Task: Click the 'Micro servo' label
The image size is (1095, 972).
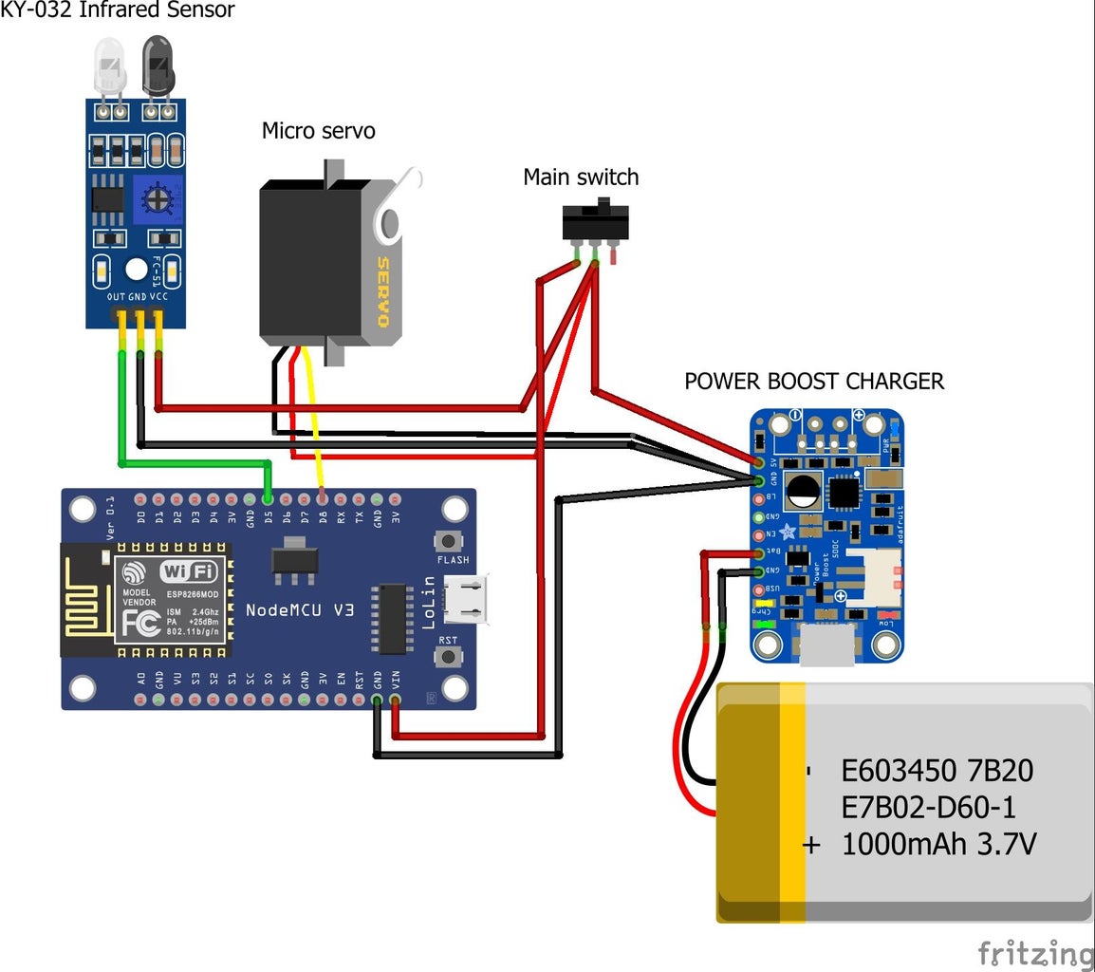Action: point(318,130)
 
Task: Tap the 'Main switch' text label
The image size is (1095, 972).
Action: point(581,177)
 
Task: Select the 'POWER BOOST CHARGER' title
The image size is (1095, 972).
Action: point(814,382)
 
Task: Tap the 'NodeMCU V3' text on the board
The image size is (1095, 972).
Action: point(300,609)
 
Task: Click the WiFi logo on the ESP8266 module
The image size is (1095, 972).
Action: point(189,571)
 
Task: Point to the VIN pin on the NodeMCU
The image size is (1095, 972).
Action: point(396,701)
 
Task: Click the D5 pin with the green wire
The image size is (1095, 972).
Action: point(269,498)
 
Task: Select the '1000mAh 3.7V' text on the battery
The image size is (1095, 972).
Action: point(938,843)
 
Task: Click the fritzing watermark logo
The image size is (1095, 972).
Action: point(1035,953)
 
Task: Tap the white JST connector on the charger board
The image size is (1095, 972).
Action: point(870,577)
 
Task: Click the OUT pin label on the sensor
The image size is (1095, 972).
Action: point(116,297)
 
